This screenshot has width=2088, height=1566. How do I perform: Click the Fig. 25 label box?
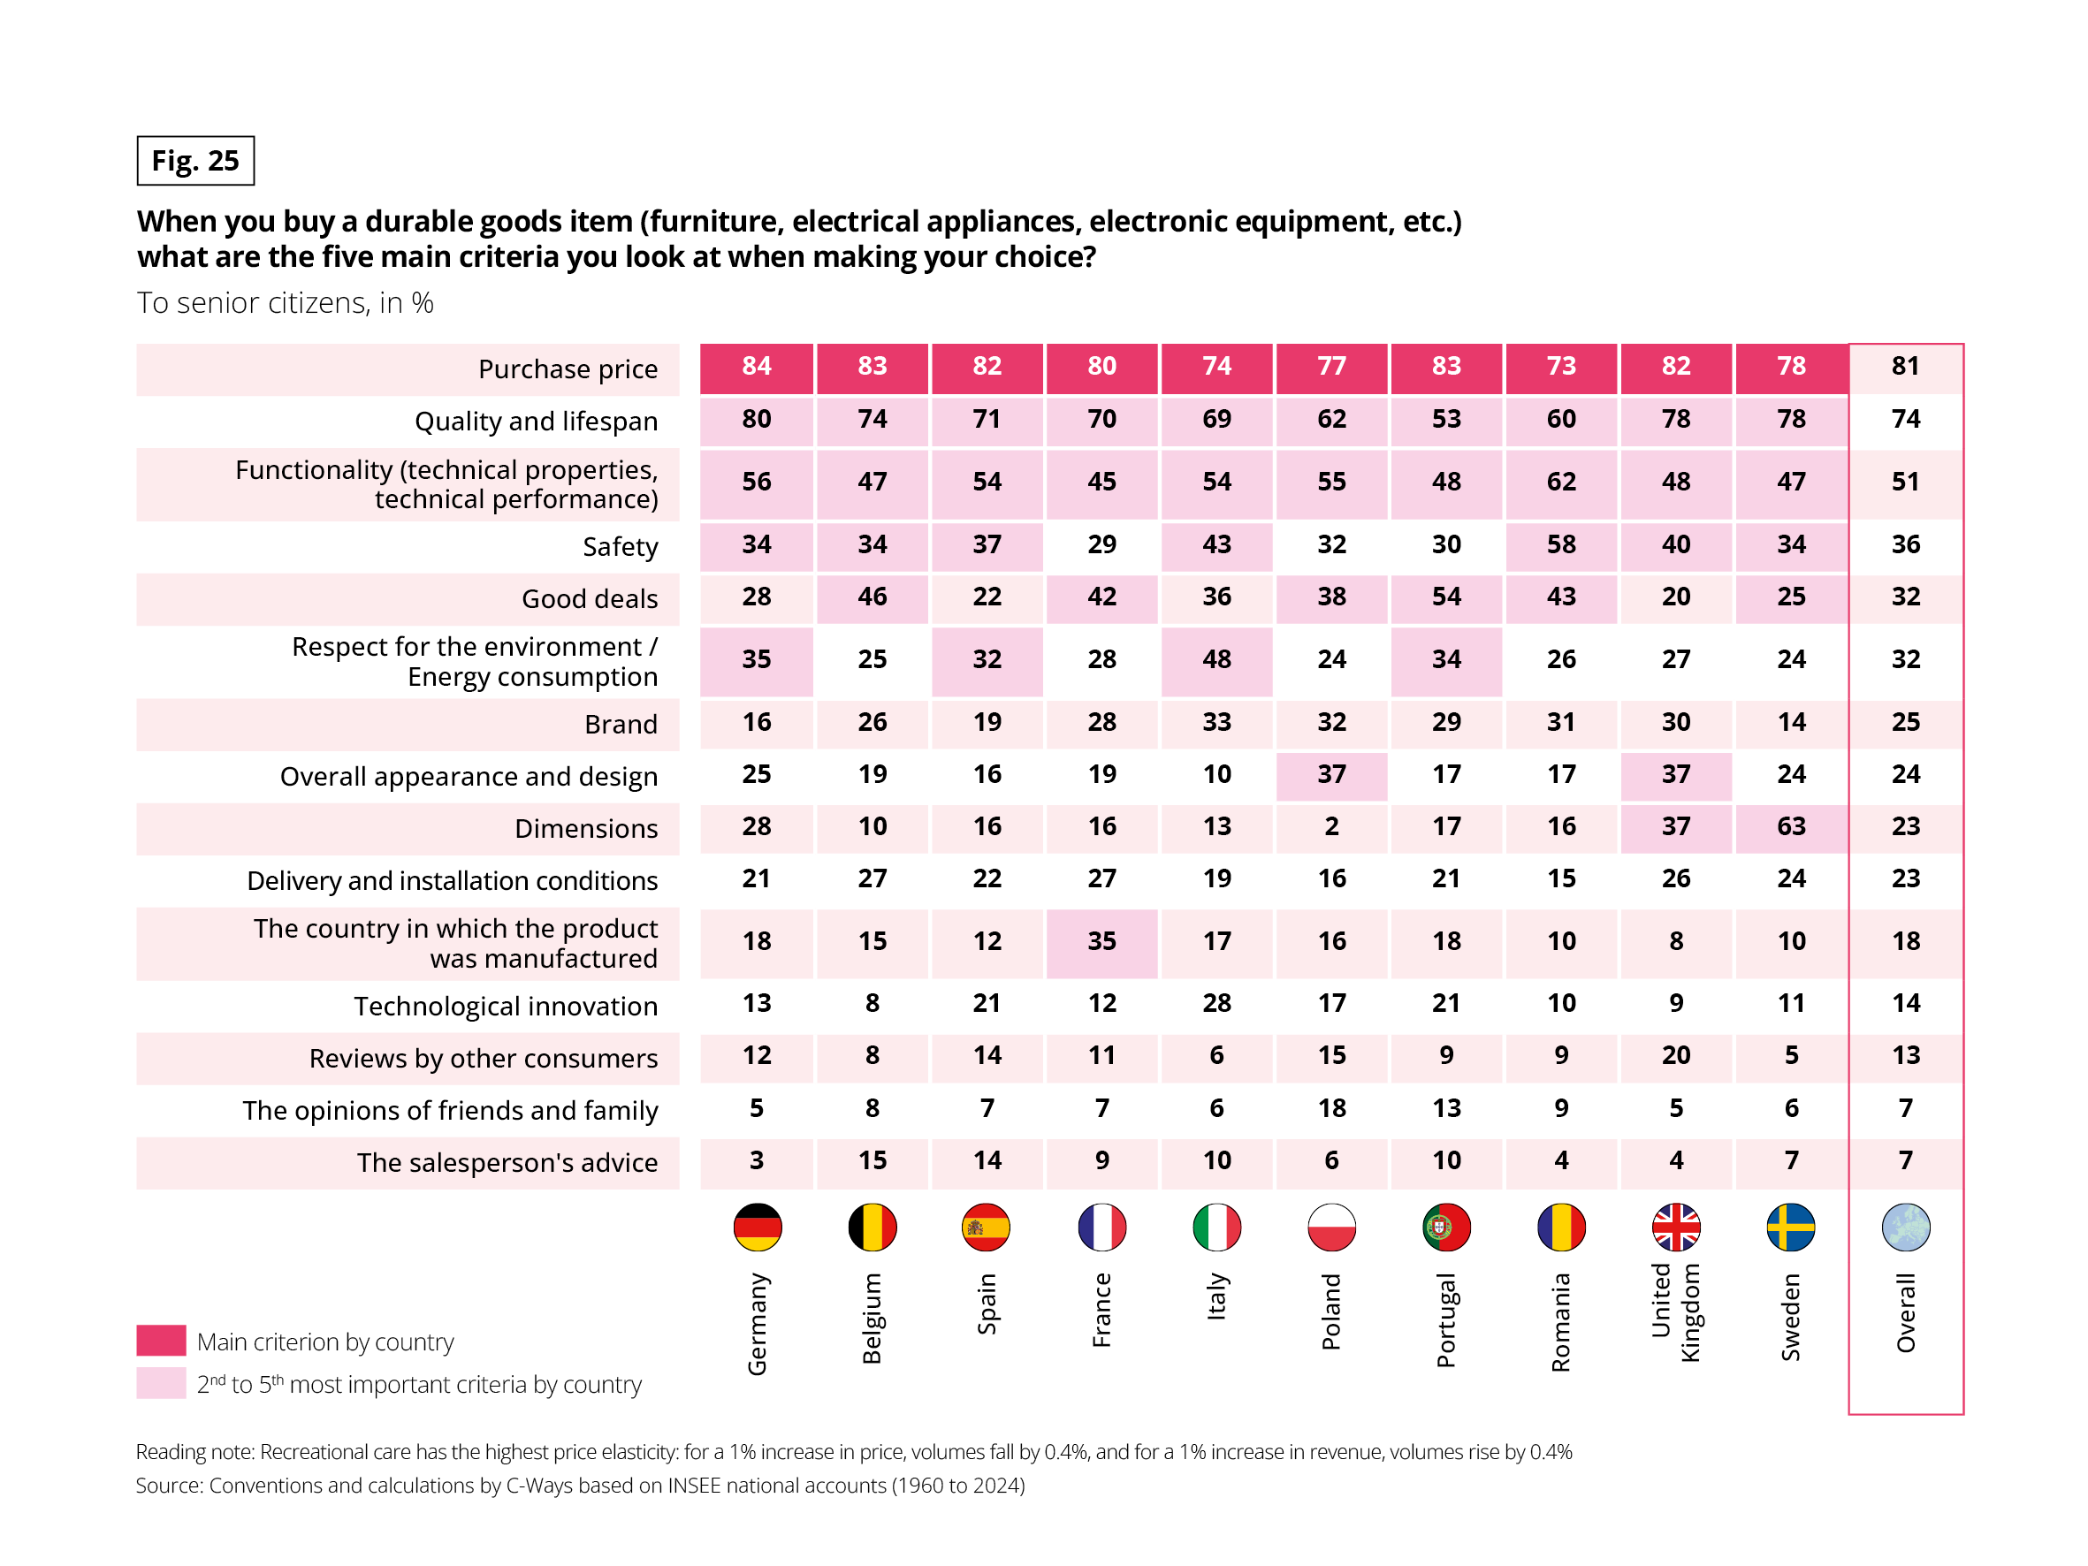tap(195, 161)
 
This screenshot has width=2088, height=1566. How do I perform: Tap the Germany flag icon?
tap(757, 1228)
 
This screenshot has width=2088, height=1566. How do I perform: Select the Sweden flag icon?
tap(1791, 1228)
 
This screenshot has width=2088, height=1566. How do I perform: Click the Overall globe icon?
tap(1906, 1228)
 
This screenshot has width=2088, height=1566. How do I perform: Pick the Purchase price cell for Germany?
tap(757, 366)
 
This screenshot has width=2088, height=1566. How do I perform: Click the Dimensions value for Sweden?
tap(1791, 827)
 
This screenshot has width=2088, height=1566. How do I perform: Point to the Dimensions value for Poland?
tap(1331, 827)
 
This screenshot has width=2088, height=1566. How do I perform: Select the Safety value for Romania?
tap(1561, 544)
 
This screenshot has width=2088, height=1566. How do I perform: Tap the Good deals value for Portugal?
tap(1446, 597)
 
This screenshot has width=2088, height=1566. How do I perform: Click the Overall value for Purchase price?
tap(1906, 366)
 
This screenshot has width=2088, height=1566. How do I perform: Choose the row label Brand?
tap(621, 724)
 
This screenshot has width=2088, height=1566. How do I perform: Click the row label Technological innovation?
tap(506, 1007)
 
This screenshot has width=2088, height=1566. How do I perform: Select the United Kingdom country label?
tap(1675, 1313)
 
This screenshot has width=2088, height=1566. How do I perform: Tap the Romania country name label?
tap(1561, 1321)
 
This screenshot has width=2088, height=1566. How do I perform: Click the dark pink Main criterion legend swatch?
tap(161, 1341)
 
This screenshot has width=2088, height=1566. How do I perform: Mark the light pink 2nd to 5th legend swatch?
tap(161, 1383)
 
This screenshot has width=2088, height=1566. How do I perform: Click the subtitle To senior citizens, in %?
tap(285, 303)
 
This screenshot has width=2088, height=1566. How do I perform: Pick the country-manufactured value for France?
tap(1101, 941)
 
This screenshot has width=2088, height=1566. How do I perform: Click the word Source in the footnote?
tap(168, 1485)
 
